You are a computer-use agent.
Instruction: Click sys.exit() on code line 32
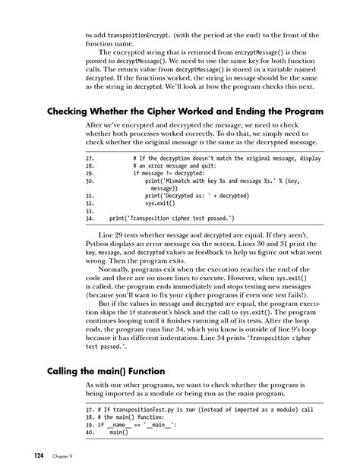pyautogui.click(x=161, y=203)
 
